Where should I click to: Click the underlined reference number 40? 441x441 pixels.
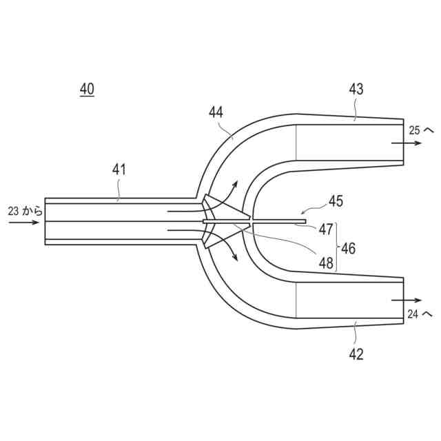[87, 89]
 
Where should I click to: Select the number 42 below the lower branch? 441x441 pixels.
[356, 354]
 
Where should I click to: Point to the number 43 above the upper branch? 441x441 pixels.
[356, 89]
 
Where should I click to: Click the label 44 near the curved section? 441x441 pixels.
[216, 112]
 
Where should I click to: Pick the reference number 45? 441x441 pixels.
[336, 201]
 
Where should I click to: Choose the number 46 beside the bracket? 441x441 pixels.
[349, 248]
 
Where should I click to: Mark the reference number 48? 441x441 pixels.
[325, 262]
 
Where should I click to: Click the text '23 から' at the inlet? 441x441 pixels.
[25, 212]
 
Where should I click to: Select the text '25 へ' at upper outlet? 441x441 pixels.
[420, 130]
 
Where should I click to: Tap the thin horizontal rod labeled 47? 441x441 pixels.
[276, 221]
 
